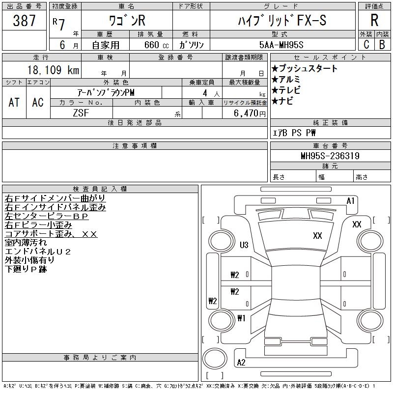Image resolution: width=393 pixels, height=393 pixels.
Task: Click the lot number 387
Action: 24,20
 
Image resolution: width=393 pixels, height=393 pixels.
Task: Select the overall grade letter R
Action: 374,20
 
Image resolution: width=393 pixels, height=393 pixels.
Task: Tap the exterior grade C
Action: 366,44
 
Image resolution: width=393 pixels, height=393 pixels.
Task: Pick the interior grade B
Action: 382,44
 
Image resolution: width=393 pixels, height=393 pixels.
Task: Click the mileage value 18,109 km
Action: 53,70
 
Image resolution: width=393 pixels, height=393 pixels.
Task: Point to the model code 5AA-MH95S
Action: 281,45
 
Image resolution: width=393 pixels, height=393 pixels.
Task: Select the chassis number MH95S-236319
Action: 330,156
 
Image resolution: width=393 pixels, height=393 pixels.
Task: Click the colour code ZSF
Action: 81,113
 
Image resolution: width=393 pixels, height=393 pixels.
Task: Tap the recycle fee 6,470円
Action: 250,113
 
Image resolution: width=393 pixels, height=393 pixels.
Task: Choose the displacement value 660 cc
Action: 156,45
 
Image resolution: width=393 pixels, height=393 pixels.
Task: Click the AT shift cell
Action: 14,102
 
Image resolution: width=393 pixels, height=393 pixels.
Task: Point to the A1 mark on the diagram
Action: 350,201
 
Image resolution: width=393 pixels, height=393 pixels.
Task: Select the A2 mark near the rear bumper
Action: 241,363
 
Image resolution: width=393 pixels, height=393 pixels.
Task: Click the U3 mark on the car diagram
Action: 244,245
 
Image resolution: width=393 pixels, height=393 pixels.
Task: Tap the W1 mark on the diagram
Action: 241,318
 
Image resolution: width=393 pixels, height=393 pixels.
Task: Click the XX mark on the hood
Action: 317,236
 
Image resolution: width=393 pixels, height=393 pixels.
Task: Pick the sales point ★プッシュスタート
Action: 305,68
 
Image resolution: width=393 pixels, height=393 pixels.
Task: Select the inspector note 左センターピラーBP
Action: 47,216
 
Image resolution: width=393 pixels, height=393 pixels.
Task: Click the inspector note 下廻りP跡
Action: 26,269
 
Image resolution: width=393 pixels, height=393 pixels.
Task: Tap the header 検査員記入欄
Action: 100,189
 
